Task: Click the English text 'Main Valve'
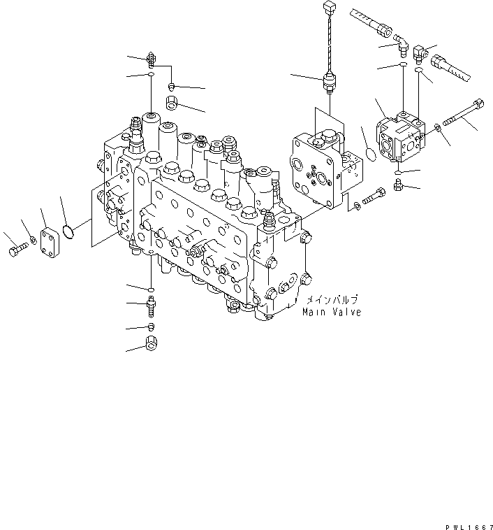click(x=331, y=312)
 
